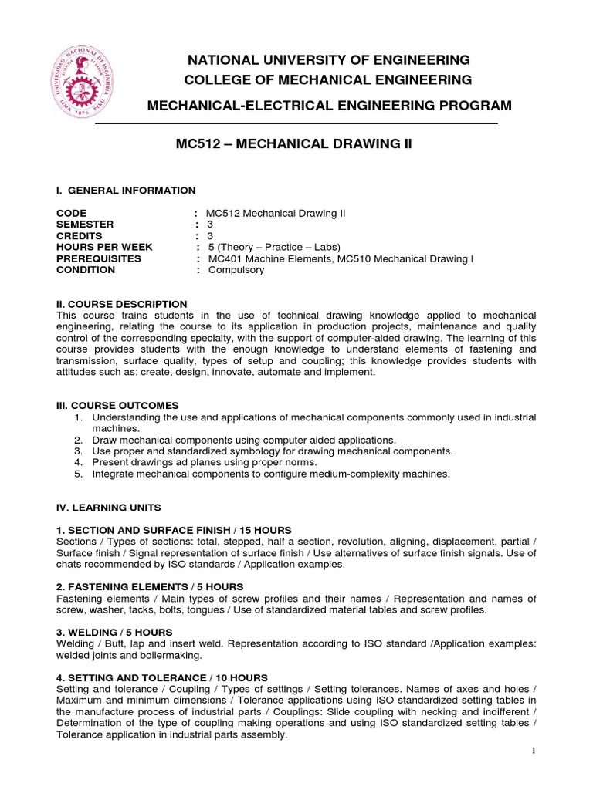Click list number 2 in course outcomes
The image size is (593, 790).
point(78,439)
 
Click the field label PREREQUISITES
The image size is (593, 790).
point(98,258)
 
